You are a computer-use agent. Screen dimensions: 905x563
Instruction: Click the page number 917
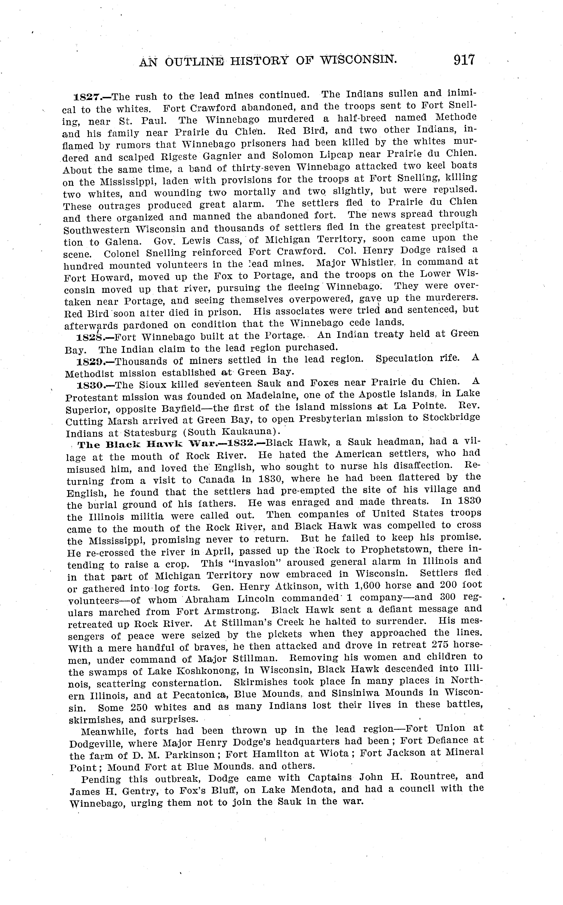(x=464, y=60)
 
